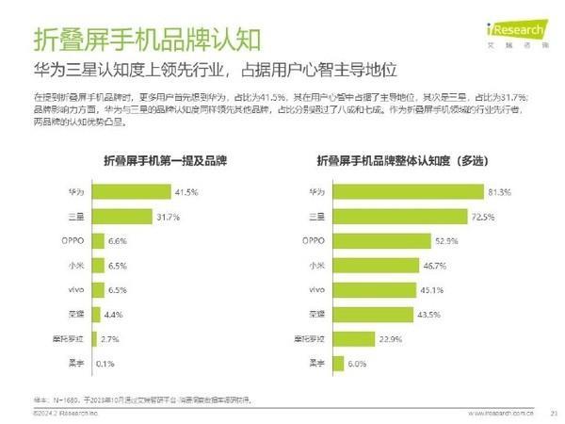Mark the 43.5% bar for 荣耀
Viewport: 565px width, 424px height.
click(x=374, y=314)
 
